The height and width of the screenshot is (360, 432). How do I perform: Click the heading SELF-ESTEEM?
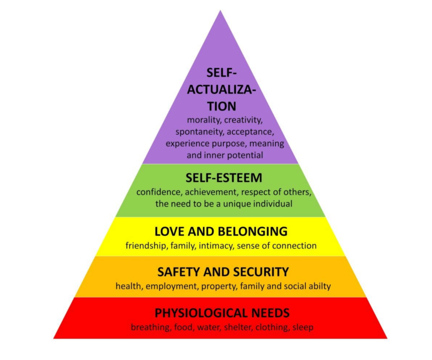[x=224, y=178]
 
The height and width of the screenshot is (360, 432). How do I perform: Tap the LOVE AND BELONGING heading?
[x=221, y=231]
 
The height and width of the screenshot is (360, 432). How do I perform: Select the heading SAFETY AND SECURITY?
[x=223, y=272]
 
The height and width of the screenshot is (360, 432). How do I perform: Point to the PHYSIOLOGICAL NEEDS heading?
[x=222, y=313]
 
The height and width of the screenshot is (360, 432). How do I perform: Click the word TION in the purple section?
[x=222, y=106]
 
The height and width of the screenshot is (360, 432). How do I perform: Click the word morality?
[x=204, y=120]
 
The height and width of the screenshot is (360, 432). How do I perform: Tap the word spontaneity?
[x=200, y=132]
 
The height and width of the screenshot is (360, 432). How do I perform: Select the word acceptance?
[x=251, y=132]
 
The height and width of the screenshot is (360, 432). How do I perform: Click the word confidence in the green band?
[x=159, y=192]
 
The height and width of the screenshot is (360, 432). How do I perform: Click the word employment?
[x=172, y=287]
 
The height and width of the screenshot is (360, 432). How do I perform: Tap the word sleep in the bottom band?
[x=303, y=328]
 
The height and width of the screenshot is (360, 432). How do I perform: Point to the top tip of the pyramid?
[x=220, y=11]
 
